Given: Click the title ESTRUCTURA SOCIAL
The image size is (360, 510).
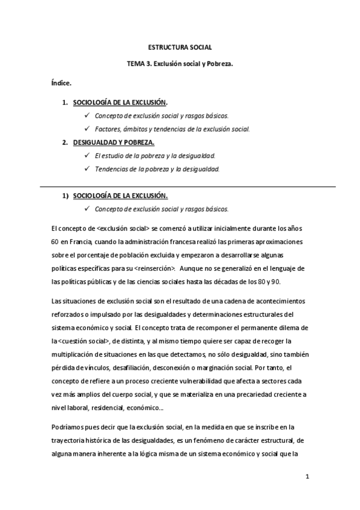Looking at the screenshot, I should [x=180, y=46].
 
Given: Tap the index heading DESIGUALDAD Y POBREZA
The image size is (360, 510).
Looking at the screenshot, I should [x=113, y=143].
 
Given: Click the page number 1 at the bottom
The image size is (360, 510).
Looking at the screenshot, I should [x=307, y=478].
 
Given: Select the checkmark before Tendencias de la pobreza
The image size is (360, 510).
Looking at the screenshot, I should [x=88, y=170].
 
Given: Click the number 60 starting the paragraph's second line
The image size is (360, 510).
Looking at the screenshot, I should [x=56, y=242].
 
